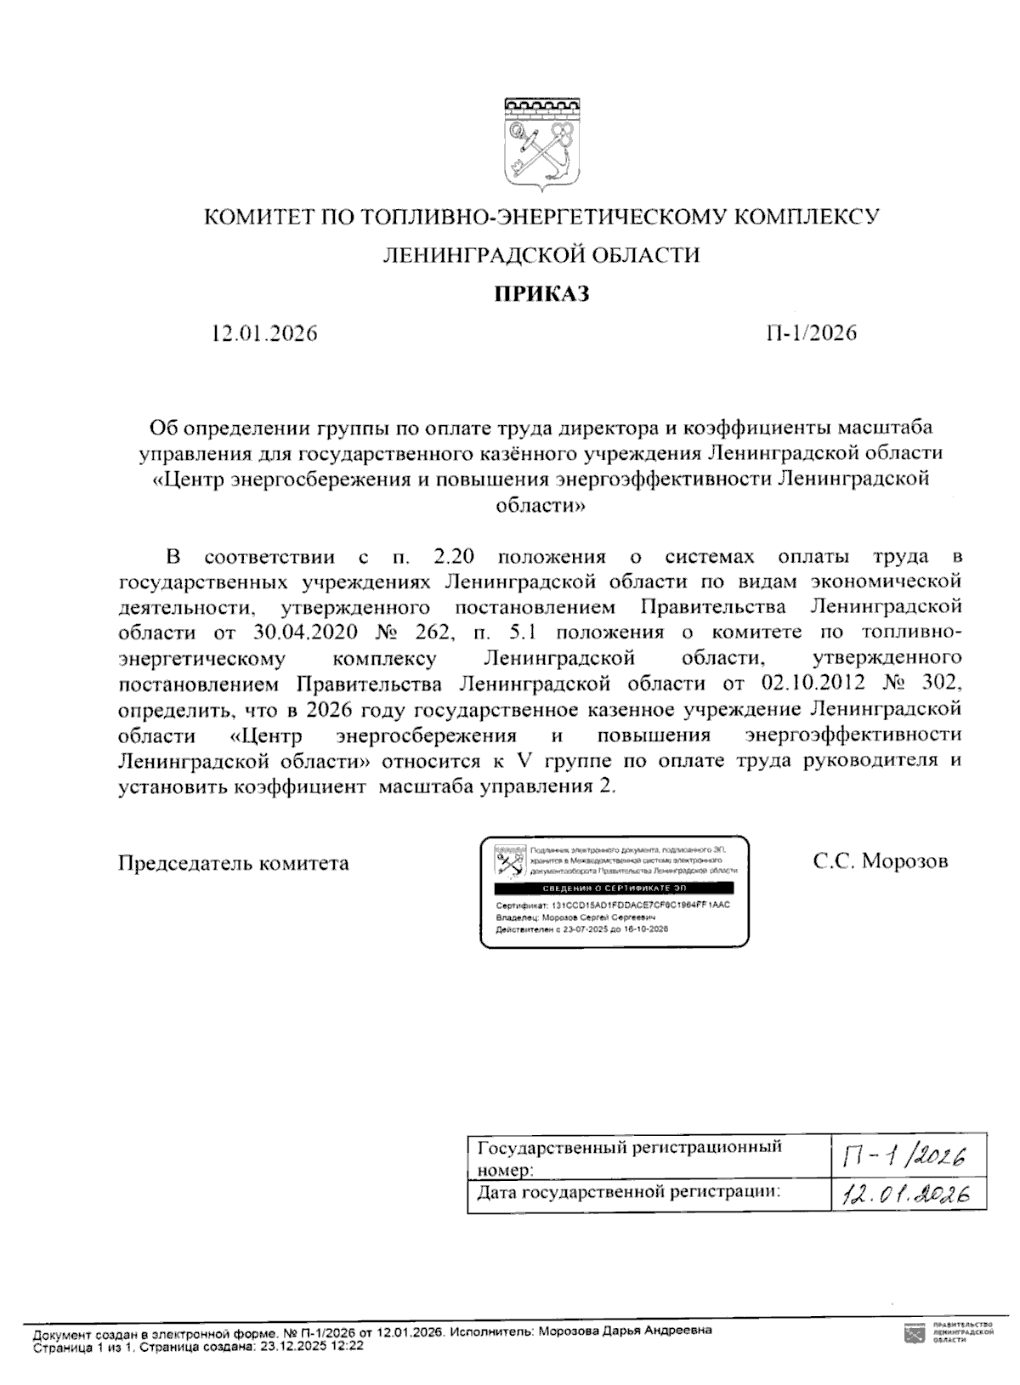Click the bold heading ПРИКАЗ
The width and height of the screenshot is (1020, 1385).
click(541, 294)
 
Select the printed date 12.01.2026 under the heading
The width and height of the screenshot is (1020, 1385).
click(264, 333)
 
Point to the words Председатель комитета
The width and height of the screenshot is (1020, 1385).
click(234, 863)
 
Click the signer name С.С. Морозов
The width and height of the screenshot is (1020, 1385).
click(880, 861)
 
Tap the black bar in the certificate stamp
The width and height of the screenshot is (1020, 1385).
click(614, 888)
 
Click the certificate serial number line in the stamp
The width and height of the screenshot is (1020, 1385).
click(612, 905)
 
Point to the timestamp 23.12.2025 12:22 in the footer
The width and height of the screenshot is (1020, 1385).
click(313, 1347)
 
